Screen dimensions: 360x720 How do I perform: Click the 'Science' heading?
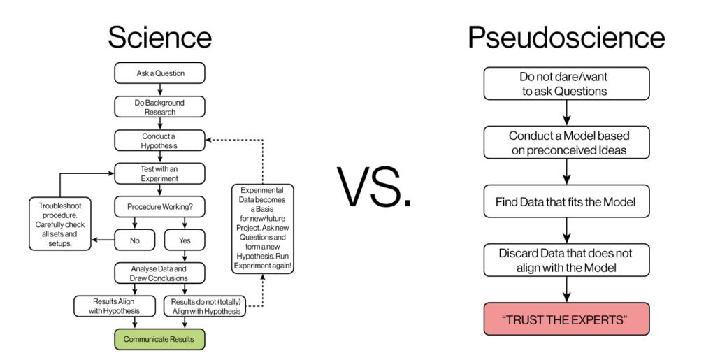coord(159,37)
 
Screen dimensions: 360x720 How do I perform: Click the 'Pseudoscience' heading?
coord(566,37)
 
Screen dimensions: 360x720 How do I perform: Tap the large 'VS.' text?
coord(374,187)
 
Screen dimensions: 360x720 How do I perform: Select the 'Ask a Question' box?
coord(159,73)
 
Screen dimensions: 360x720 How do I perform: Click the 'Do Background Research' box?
coord(159,106)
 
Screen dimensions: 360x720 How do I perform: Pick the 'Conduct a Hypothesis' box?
coord(159,141)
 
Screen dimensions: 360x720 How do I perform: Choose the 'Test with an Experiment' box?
coord(159,173)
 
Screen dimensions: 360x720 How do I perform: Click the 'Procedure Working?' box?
coord(159,207)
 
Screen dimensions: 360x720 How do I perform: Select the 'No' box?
coord(134,240)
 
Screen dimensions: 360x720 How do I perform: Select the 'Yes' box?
coord(185,240)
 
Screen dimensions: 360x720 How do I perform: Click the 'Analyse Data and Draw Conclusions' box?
coord(159,273)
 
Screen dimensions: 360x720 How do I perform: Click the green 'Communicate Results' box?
coord(159,339)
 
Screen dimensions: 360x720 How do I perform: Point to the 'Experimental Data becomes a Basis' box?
coord(262,229)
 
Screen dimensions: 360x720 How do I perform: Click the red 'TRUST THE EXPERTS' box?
coord(566,319)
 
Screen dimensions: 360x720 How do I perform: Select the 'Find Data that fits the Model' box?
coord(566,202)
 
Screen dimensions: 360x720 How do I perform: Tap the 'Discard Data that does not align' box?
coord(566,260)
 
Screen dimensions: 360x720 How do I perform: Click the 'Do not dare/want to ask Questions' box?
coord(566,84)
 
